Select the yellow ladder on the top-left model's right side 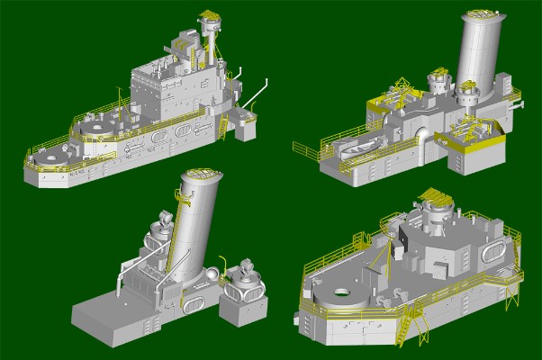point(221,130)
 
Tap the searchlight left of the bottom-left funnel point(167,219)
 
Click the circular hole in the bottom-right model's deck point(343,292)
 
